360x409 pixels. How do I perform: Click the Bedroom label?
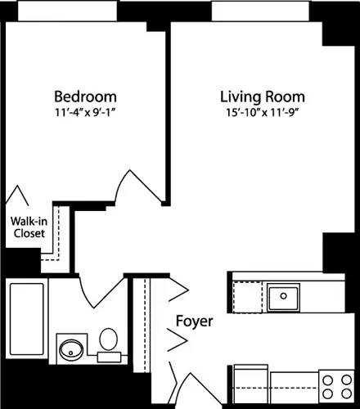coord(84,96)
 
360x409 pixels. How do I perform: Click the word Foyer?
coord(195,321)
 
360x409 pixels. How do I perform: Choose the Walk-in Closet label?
coord(29,227)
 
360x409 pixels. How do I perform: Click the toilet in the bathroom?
coord(108,339)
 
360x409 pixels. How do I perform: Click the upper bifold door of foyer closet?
coord(181,290)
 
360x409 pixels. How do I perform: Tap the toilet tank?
coord(108,357)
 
